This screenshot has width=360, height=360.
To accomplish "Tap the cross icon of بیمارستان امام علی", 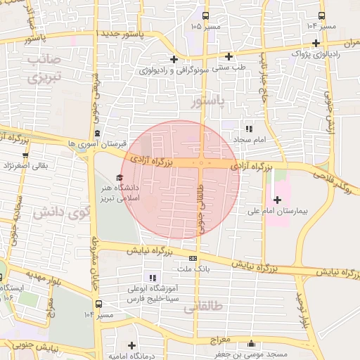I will pyautogui.click(x=277, y=200).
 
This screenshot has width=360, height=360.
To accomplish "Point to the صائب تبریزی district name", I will pyautogui.click(x=46, y=68).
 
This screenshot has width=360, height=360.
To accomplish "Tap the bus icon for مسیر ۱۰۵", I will pyautogui.click(x=205, y=15).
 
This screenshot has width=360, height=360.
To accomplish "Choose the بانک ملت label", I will pyautogui.click(x=194, y=269).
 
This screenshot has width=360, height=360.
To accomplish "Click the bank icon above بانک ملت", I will pyautogui.click(x=193, y=258).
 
